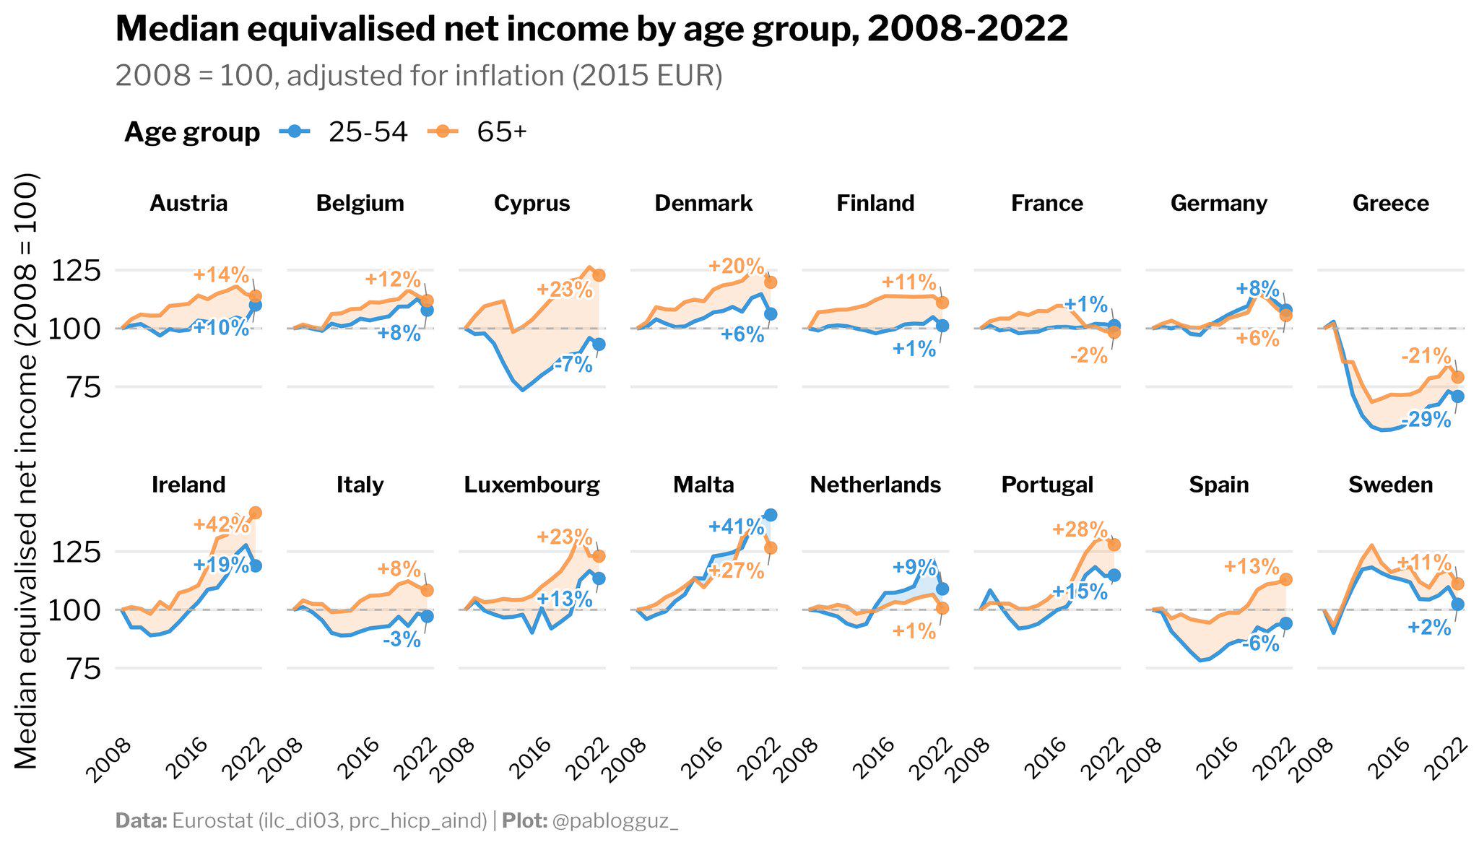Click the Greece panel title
(x=1390, y=203)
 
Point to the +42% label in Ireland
(x=221, y=524)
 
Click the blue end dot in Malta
(x=771, y=515)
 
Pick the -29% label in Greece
(x=1426, y=420)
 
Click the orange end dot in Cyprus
(x=599, y=275)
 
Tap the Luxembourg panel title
(x=532, y=485)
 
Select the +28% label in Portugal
(x=1080, y=529)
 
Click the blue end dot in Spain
(x=1286, y=623)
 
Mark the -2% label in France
(x=1088, y=355)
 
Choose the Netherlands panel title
(x=875, y=485)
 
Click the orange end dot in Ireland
(x=255, y=513)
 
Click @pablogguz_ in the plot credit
(x=615, y=820)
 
